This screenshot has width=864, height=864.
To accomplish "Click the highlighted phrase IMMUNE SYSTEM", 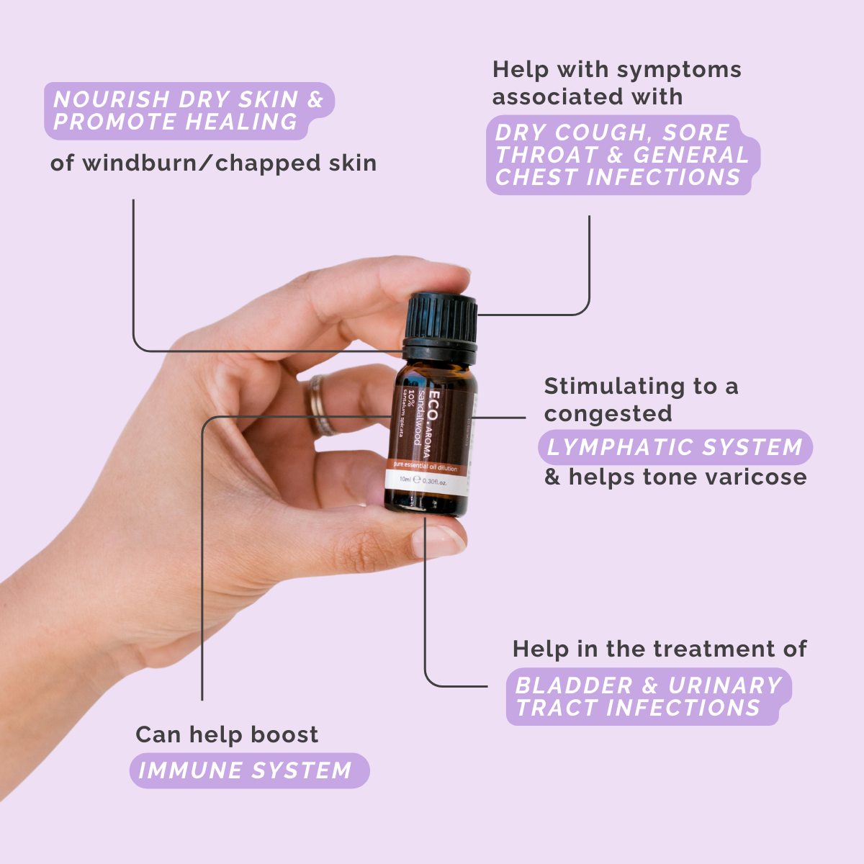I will (245, 770).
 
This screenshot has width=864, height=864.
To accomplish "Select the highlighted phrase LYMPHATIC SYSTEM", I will (675, 447).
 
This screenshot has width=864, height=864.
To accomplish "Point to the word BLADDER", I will (574, 685).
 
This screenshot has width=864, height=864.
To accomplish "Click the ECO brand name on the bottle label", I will (434, 405).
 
